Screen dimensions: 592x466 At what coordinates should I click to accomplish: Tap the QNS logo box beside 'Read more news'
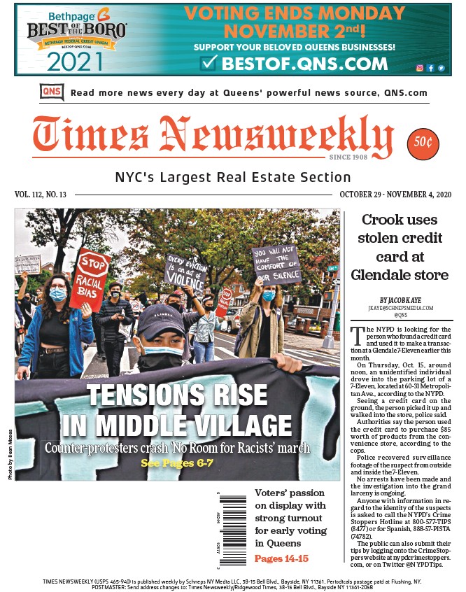point(50,92)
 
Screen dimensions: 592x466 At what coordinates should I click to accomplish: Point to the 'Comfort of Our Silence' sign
point(276,265)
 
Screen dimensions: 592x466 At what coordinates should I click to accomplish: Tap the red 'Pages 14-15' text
point(281,558)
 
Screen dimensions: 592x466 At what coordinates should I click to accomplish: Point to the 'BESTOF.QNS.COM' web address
point(302,64)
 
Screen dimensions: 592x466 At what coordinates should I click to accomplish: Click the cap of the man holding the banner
point(161,321)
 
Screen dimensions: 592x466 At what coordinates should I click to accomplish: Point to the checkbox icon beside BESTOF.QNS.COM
point(209,64)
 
